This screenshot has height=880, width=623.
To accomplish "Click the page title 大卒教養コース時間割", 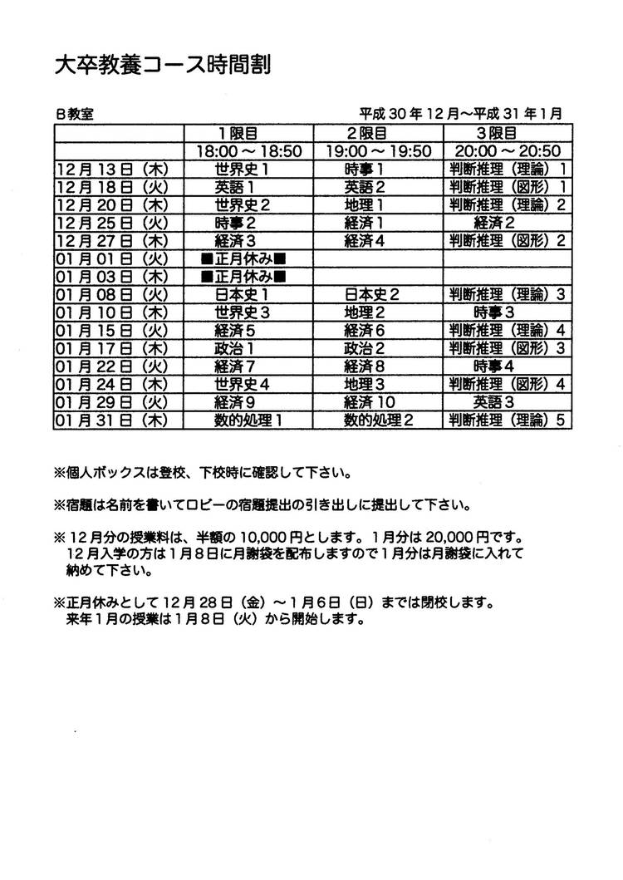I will pyautogui.click(x=162, y=65).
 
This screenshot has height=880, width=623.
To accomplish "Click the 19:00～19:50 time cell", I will pyautogui.click(x=377, y=151).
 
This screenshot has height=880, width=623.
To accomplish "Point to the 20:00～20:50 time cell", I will pyautogui.click(x=508, y=151).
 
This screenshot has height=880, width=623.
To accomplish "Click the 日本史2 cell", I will pyautogui.click(x=372, y=294).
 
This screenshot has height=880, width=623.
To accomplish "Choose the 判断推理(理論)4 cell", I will pyautogui.click(x=508, y=330).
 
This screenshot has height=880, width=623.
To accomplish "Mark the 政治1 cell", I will pyautogui.click(x=234, y=348).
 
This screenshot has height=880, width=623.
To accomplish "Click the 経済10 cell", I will pyautogui.click(x=369, y=402).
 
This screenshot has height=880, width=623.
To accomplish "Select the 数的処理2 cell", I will pyautogui.click(x=379, y=420).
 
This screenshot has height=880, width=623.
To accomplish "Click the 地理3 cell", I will pyautogui.click(x=363, y=384).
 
